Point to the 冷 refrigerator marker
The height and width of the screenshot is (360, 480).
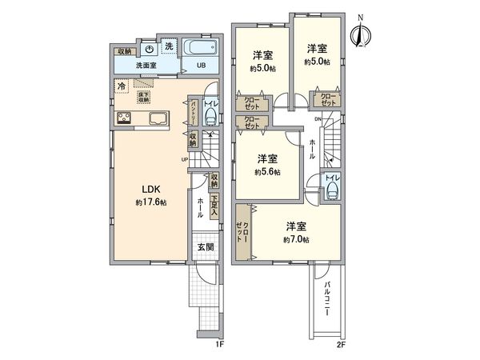tap(121, 86)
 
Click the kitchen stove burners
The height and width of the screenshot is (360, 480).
tap(126, 119)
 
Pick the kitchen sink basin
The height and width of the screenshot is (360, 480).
tap(157, 120)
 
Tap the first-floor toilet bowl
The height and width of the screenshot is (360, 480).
tap(210, 118)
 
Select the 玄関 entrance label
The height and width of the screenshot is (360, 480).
tap(206, 247)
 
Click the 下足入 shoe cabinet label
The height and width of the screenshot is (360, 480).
tap(214, 206)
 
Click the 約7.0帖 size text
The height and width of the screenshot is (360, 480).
tap(296, 238)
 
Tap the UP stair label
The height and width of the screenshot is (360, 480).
tap(186, 159)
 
